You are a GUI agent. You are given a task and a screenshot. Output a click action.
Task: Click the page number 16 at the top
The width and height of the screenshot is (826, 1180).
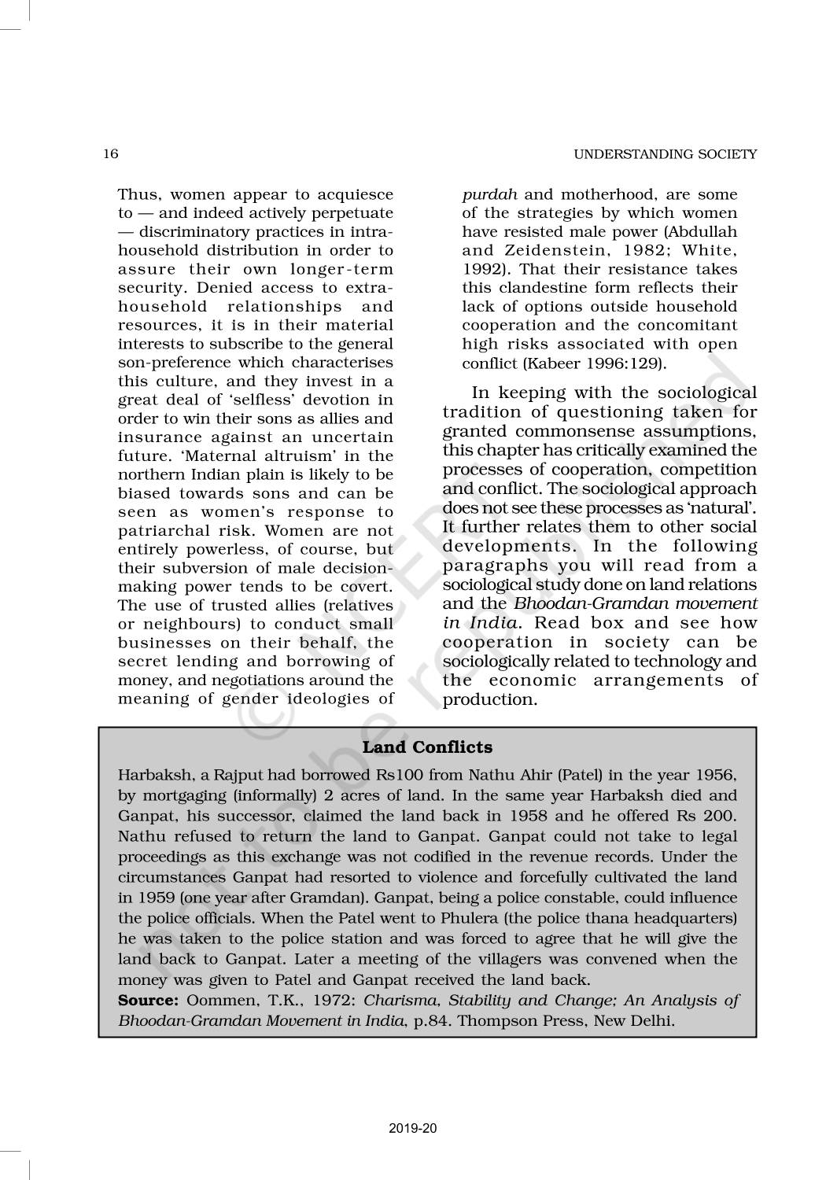point(110,154)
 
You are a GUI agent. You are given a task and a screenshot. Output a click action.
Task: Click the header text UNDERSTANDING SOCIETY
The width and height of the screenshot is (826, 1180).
point(665,154)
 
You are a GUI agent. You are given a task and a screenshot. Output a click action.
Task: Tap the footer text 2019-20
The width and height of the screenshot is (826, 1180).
point(412,1129)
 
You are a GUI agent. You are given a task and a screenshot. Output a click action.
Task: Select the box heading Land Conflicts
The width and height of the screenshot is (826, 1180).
point(427,747)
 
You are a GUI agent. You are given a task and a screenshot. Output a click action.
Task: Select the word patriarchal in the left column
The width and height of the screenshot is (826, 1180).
point(160,531)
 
